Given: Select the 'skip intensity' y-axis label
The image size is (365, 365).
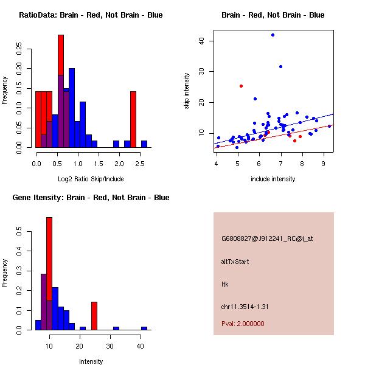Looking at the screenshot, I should tap(187, 91).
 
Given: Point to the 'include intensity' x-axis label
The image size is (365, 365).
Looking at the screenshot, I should tap(273, 179).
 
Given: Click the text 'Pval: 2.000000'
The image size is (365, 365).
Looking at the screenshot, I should tap(243, 324).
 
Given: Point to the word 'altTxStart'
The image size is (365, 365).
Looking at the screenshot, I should tap(235, 262).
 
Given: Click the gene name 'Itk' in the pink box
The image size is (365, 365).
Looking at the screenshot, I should tap(224, 284).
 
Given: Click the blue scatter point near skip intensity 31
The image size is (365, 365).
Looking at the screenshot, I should tap(280, 66).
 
